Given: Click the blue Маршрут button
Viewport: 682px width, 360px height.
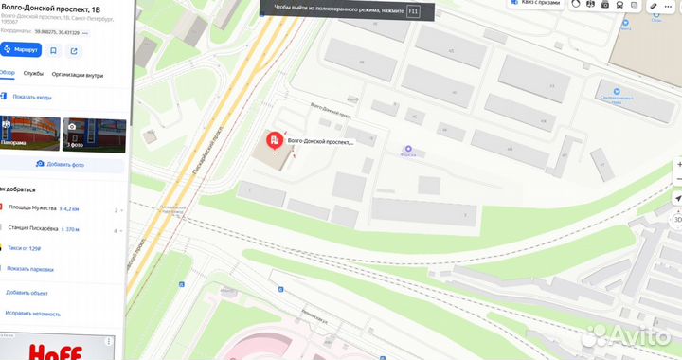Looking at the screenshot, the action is [22, 49].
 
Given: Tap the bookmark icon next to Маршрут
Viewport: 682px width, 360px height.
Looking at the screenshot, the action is [54, 49].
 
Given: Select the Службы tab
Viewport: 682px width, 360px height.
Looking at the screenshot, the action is [34, 72].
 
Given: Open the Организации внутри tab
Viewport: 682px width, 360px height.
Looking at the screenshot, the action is [80, 72].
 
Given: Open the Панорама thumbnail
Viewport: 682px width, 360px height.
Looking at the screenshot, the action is [29, 133].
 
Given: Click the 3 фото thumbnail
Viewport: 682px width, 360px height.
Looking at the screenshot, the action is [94, 133].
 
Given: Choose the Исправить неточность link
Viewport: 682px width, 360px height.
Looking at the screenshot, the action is [33, 314].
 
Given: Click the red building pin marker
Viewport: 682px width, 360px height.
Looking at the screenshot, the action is [274, 142].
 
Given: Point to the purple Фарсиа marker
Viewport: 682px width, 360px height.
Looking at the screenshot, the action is [408, 149].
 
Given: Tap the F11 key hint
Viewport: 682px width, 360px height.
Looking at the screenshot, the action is [413, 11].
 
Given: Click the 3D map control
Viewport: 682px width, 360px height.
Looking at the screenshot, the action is [677, 218].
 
